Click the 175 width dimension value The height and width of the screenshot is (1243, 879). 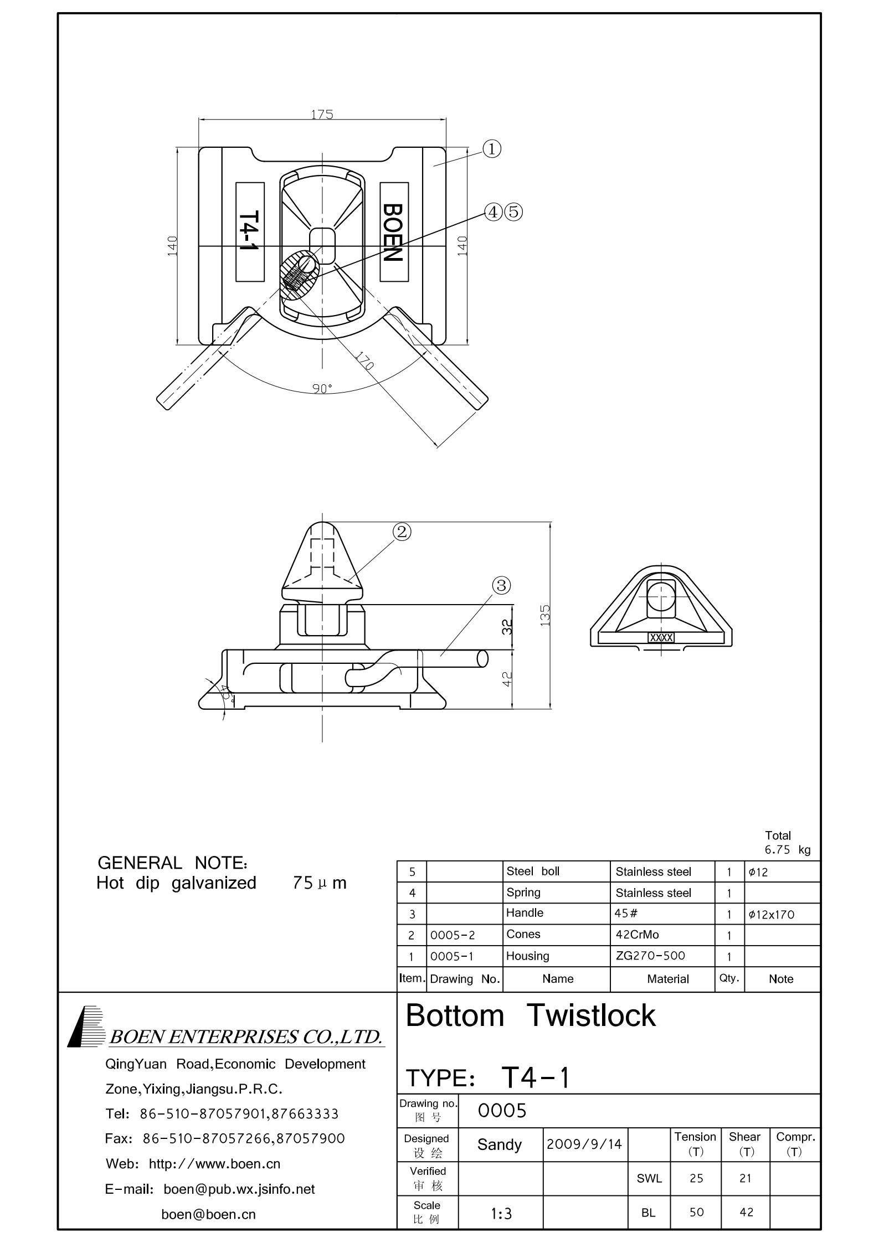click(322, 114)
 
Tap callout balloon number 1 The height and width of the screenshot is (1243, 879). click(492, 149)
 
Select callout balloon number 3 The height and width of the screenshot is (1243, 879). click(501, 585)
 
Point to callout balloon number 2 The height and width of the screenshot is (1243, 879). click(402, 532)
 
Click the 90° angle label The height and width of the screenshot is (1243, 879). click(322, 388)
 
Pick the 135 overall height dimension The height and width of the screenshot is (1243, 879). click(545, 615)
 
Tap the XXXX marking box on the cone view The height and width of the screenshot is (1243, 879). click(661, 638)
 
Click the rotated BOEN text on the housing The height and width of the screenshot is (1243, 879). click(393, 233)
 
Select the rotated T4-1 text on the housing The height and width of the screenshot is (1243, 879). click(249, 232)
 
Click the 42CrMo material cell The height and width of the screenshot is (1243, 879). click(637, 935)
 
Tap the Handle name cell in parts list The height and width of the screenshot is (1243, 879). click(525, 912)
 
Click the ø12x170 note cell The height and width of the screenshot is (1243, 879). click(771, 914)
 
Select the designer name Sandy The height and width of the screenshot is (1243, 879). click(499, 1144)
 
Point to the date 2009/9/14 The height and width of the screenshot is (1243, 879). click(584, 1143)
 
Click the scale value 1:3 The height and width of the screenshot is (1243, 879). click(501, 1214)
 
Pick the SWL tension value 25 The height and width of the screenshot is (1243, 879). click(696, 1178)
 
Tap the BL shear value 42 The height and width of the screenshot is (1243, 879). click(746, 1213)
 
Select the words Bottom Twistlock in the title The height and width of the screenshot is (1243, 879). click(530, 1015)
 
